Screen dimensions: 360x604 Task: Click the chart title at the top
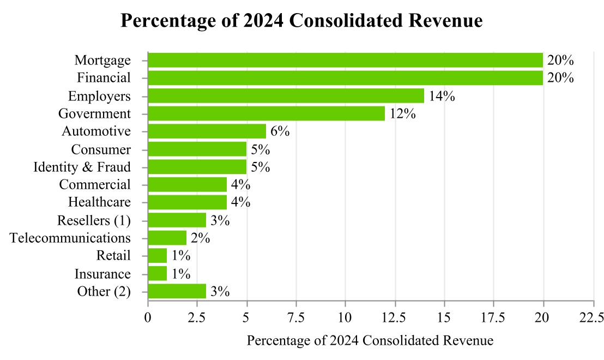tap(301, 20)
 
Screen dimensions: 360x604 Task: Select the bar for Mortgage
tap(345, 60)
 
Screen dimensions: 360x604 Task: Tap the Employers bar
tap(286, 96)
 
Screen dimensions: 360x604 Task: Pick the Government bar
tap(266, 113)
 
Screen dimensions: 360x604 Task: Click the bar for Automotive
tap(207, 131)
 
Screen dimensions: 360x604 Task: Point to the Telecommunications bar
tap(167, 238)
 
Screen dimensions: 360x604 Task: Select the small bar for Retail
tap(157, 256)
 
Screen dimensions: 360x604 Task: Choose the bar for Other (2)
tap(177, 291)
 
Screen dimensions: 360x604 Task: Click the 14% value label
tap(442, 96)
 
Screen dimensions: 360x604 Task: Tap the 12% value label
tap(402, 113)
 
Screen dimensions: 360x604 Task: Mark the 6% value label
tap(280, 131)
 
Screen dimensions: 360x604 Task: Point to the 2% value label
tap(200, 238)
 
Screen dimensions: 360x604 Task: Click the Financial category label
tap(104, 78)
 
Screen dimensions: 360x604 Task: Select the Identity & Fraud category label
tap(82, 167)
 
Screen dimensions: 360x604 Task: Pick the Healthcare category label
tap(99, 202)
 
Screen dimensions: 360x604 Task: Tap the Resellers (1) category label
tap(94, 220)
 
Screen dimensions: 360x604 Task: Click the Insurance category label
tap(102, 274)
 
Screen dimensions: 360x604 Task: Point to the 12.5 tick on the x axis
tap(395, 317)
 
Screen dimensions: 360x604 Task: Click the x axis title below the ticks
tap(370, 341)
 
